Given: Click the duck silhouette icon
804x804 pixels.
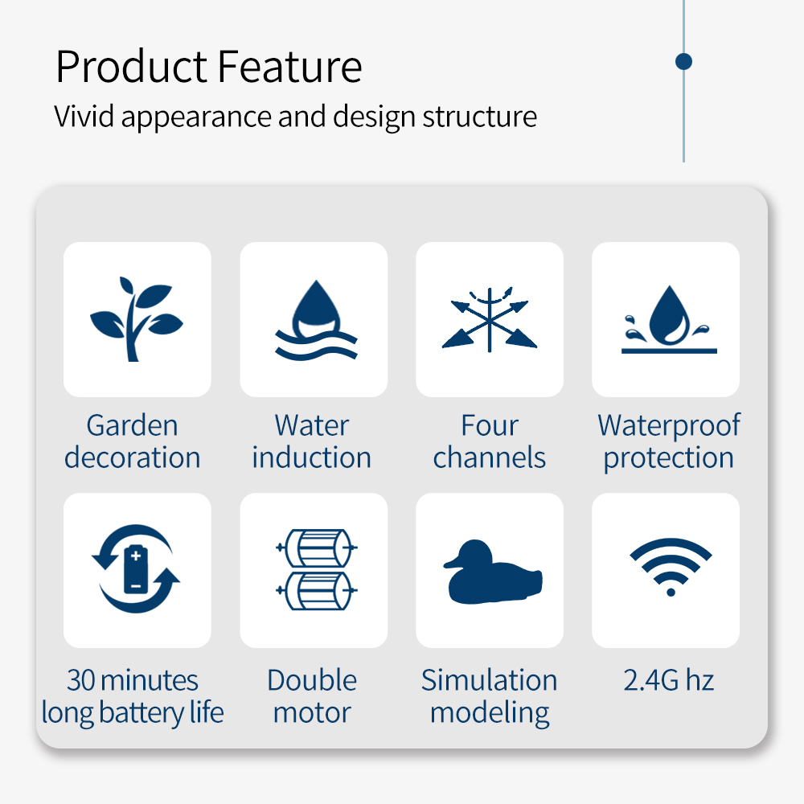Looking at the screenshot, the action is click(x=492, y=572).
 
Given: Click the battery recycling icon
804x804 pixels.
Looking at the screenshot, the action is click(x=136, y=568).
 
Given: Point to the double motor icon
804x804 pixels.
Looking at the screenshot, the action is click(x=316, y=570).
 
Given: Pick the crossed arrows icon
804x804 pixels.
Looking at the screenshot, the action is click(x=490, y=319).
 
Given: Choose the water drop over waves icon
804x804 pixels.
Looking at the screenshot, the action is click(x=316, y=320).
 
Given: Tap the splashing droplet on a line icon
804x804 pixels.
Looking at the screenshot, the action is click(x=669, y=319).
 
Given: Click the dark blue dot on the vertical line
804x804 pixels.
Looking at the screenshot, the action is click(x=683, y=62).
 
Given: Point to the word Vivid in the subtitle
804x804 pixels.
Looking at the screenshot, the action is click(x=84, y=116).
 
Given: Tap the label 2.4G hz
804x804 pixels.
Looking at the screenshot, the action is click(x=669, y=680).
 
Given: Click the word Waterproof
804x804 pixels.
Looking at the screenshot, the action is click(x=669, y=425).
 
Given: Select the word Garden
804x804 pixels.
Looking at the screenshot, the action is click(x=133, y=425).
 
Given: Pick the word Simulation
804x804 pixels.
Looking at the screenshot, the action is click(x=489, y=680).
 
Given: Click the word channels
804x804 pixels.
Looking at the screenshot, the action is click(x=489, y=457).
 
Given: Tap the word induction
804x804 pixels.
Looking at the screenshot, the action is click(x=312, y=457).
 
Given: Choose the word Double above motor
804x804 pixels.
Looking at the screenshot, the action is click(x=312, y=680).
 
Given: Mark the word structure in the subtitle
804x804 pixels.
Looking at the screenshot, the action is click(x=479, y=117).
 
